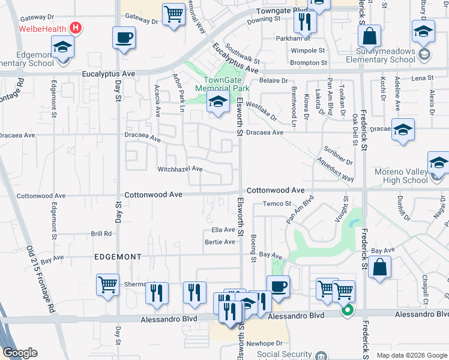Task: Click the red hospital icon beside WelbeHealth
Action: [76, 28]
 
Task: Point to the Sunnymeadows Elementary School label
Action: [377, 56]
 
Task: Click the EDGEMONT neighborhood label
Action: [117, 257]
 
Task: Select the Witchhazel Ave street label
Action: [179, 169]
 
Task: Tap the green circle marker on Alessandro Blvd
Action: [347, 311]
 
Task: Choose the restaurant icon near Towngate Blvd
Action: [305, 22]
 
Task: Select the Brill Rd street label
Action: [101, 233]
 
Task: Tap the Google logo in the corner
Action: [20, 353]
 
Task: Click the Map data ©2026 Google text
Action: [412, 355]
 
